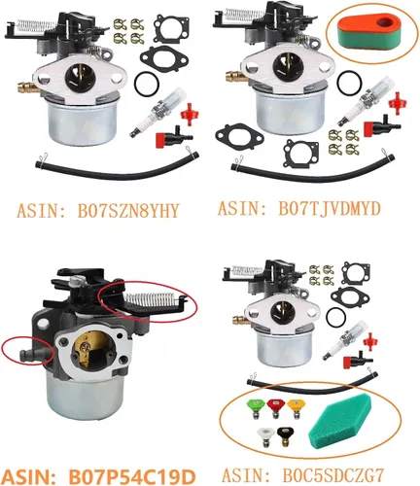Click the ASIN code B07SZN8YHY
coord(128,211)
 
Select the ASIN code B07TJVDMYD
coord(330,209)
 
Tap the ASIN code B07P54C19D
coord(132,477)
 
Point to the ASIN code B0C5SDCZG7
coord(333,475)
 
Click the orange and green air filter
coord(370,32)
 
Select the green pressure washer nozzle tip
coord(254,407)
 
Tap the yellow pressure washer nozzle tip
coord(296,407)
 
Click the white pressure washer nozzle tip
coord(265,435)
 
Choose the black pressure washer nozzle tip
coord(285,435)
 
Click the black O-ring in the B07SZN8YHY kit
coord(147,84)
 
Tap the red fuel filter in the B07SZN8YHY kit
coord(190,115)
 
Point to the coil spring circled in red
coord(152,298)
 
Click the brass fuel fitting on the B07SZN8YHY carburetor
coord(27,87)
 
